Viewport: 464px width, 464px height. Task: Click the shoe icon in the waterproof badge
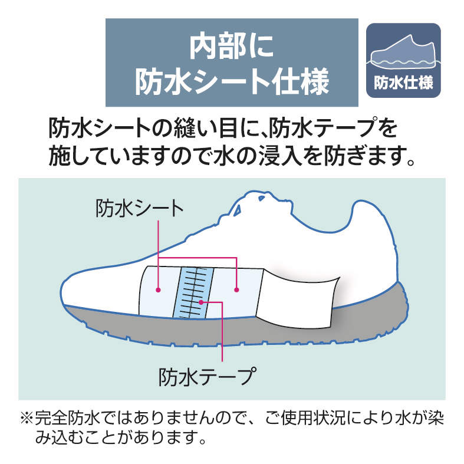[403, 51]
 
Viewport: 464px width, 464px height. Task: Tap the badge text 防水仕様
[404, 83]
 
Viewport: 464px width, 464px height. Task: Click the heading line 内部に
[231, 47]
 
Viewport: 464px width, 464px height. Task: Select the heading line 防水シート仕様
[232, 81]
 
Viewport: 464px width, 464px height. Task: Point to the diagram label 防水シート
[140, 208]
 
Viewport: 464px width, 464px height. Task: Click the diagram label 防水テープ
[207, 376]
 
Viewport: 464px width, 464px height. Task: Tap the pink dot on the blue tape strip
[201, 302]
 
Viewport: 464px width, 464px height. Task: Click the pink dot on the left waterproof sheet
[159, 289]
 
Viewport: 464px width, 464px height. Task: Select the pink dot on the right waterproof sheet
[236, 289]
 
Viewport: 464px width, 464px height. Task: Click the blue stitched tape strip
[193, 292]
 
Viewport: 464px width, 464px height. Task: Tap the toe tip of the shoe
[61, 291]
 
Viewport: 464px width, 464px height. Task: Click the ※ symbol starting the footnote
[27, 418]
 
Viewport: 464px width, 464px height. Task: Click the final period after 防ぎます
[410, 162]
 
